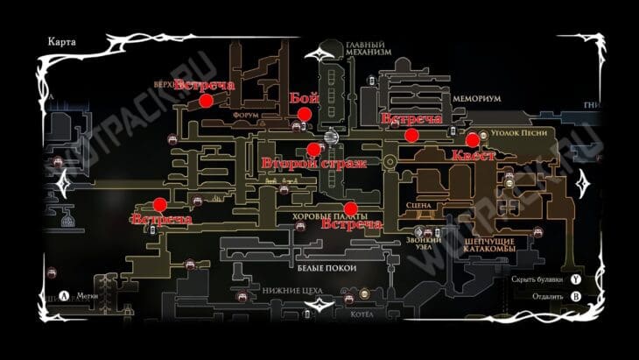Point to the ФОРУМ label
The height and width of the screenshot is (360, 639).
247,114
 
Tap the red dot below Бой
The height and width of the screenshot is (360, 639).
304,114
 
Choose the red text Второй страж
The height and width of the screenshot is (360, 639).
312,163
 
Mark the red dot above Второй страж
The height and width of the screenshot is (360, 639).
313,149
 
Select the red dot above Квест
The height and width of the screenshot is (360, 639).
472,139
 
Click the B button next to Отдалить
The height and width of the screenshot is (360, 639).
575,295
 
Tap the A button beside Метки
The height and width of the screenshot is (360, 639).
66,295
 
